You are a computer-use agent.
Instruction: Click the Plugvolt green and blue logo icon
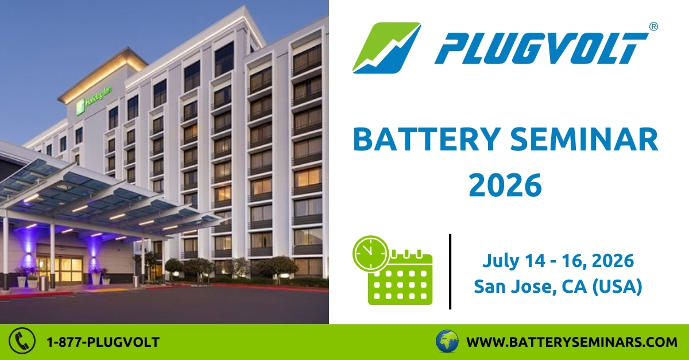(386, 48)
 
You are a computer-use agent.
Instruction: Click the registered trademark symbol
(653, 27)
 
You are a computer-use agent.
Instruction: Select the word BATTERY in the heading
(425, 140)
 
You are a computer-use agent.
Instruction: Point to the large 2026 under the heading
(505, 185)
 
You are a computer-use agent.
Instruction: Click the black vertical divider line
(450, 272)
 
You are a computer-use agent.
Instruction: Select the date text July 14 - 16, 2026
(558, 261)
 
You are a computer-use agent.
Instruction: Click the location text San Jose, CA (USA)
(558, 287)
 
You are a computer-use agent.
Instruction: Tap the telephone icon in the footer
(22, 341)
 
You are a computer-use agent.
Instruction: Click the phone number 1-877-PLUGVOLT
(103, 342)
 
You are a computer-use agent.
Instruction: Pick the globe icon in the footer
(447, 341)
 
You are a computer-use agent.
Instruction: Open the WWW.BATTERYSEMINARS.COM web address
(572, 342)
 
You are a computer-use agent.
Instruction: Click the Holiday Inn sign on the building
(94, 98)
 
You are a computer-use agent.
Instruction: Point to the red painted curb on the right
(270, 288)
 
